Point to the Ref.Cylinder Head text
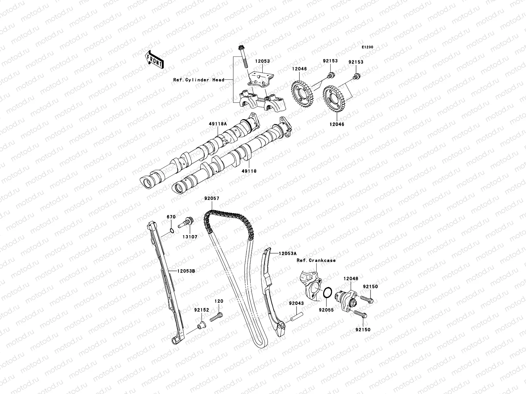click(x=199, y=80)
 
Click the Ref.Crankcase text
click(x=316, y=260)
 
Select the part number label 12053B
click(x=186, y=271)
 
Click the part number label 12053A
click(x=288, y=253)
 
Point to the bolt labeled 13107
click(x=186, y=223)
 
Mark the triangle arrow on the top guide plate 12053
click(x=258, y=77)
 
